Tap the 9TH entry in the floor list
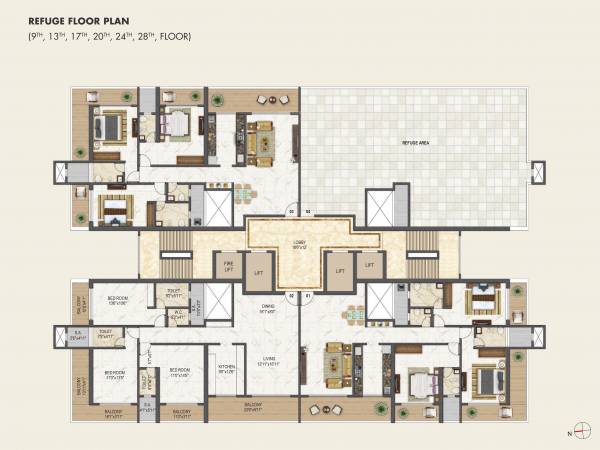pos(38,37)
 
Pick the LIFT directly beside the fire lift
pos(258,271)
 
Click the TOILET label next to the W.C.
pos(173,293)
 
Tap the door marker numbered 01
pos(308,296)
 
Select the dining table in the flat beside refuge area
pos(244,193)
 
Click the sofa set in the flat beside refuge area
pos(262,140)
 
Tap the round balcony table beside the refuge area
pos(267,99)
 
